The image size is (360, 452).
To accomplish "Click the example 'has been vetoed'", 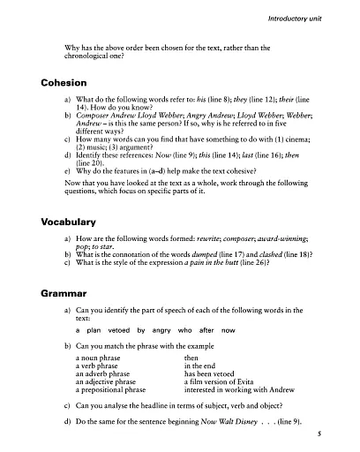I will tap(208, 373).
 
